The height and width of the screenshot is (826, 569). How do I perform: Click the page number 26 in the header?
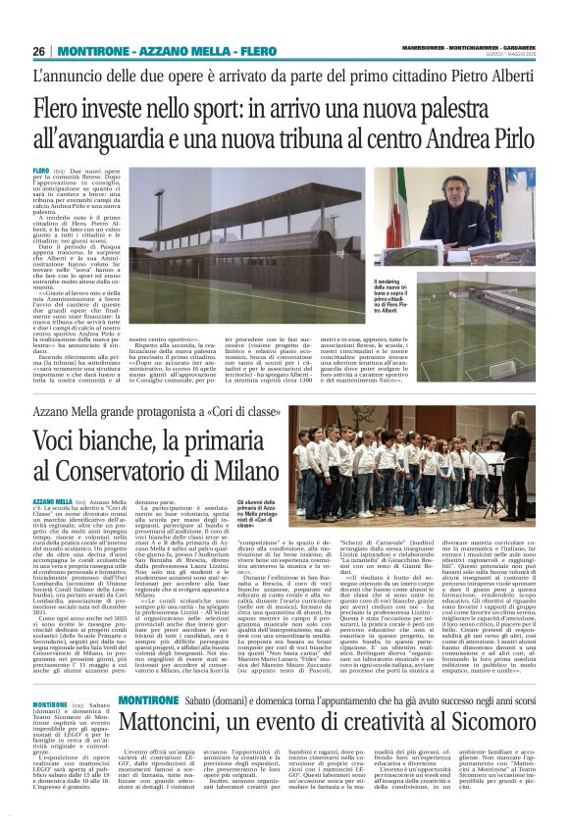pyautogui.click(x=39, y=51)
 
